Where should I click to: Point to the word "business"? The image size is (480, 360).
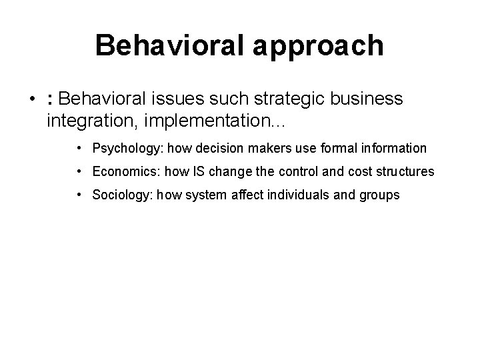(x=365, y=99)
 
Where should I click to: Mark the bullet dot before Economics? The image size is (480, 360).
(x=79, y=172)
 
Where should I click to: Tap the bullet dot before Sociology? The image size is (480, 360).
(x=79, y=195)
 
